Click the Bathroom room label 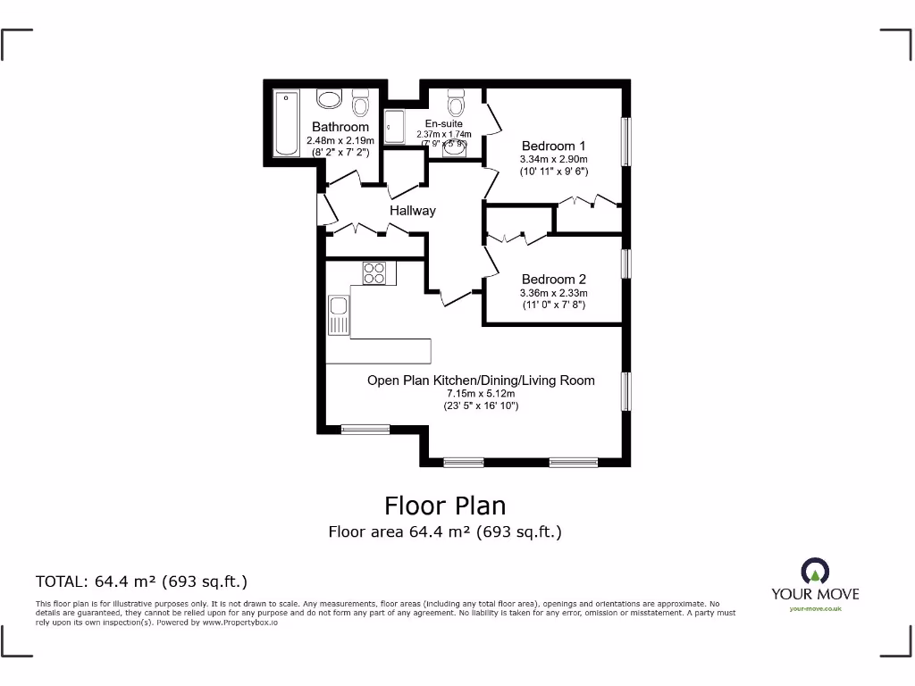tap(340, 128)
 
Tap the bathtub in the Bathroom tap(286, 122)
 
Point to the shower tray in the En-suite tap(396, 126)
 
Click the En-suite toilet tap(457, 106)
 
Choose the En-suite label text tap(443, 124)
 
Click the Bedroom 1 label tap(554, 146)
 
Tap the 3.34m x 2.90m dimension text tap(554, 159)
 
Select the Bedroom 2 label tap(554, 280)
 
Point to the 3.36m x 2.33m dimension tap(554, 292)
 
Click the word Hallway tap(413, 211)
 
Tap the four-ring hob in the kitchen tap(374, 272)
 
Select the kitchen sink tap(338, 315)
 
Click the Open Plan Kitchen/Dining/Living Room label tap(481, 381)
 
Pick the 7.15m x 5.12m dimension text tap(481, 393)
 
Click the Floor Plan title tap(445, 506)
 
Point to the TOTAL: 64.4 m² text tap(141, 581)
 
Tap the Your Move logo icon tap(815, 572)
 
